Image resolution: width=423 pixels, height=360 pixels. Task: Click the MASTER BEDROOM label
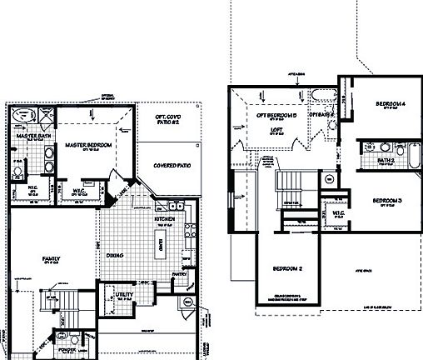(88, 145)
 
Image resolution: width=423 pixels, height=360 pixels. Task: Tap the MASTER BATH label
(34, 135)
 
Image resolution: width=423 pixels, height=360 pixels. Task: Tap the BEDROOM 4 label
(389, 103)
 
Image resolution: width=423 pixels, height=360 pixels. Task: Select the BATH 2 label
(385, 160)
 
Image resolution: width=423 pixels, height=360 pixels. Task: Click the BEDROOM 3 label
(387, 201)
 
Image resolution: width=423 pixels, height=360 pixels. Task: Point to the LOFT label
(277, 130)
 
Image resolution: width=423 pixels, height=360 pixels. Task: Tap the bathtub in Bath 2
(413, 156)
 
